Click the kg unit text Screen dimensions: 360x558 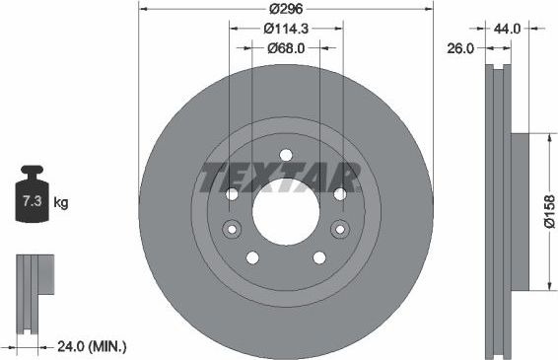point(61,204)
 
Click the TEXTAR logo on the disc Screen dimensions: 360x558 point(280,178)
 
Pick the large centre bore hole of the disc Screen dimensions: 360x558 point(286,210)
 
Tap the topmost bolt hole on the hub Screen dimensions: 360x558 point(286,154)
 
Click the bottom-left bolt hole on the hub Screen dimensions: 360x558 point(252,257)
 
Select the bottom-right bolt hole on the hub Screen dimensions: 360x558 point(319,257)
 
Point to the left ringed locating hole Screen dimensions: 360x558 point(232,230)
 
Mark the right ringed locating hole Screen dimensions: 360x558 point(340,230)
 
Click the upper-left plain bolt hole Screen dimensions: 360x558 point(233,193)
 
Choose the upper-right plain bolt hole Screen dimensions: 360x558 point(340,193)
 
